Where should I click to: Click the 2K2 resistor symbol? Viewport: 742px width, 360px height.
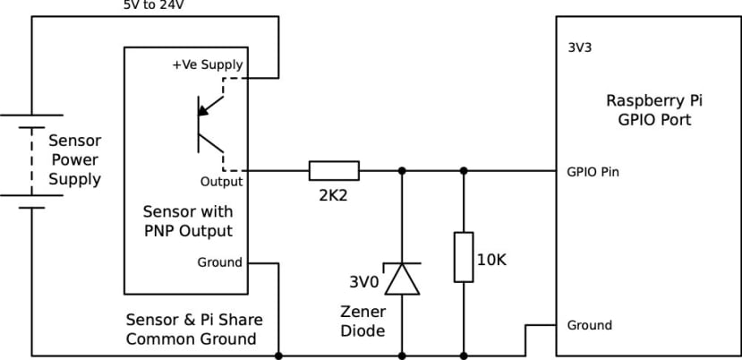(334, 170)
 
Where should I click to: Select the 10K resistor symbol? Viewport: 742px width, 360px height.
(463, 257)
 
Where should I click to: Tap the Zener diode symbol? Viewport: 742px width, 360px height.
(401, 278)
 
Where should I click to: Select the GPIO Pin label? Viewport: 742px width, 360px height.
(593, 171)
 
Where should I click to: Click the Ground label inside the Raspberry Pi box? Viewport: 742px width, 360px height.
(590, 325)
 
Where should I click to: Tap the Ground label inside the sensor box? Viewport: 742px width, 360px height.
(219, 262)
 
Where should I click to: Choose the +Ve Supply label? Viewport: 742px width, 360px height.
(207, 65)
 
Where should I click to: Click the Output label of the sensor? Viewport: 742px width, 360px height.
(221, 181)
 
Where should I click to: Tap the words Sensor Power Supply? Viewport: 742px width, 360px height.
(75, 160)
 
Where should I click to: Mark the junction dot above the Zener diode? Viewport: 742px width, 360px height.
(401, 170)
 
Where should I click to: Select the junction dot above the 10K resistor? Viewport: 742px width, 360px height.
(463, 170)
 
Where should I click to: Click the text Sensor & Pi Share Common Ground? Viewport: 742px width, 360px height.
(194, 330)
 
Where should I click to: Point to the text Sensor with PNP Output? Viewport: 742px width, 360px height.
(188, 221)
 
